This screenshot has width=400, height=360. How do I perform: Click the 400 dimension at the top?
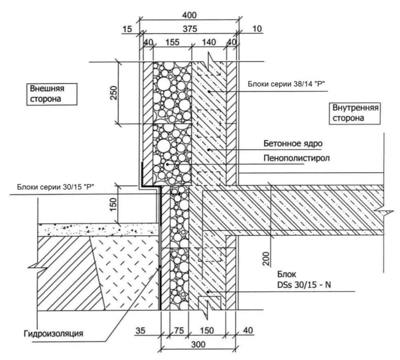pyautogui.click(x=189, y=15)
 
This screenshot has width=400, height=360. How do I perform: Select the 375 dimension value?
pyautogui.click(x=190, y=29)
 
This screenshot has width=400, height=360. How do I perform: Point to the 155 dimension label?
pyautogui.click(x=172, y=42)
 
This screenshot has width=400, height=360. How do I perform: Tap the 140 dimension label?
pyautogui.click(x=209, y=42)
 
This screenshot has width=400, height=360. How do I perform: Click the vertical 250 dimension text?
pyautogui.click(x=114, y=93)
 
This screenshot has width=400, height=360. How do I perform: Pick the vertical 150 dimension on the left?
pyautogui.click(x=114, y=204)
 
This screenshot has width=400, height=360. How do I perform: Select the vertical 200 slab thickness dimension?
pyautogui.click(x=266, y=258)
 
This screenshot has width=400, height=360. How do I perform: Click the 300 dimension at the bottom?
pyautogui.click(x=198, y=345)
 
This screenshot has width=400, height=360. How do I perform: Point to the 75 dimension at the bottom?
pyautogui.click(x=179, y=331)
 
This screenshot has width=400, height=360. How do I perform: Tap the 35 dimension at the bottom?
pyautogui.click(x=140, y=331)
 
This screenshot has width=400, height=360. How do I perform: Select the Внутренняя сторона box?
pyautogui.click(x=355, y=113)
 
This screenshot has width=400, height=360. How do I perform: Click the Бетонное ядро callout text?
pyautogui.click(x=293, y=143)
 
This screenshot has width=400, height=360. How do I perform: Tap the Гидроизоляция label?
pyautogui.click(x=53, y=333)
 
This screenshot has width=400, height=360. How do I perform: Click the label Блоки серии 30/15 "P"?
pyautogui.click(x=56, y=187)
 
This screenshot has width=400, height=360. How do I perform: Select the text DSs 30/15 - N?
pyautogui.click(x=304, y=284)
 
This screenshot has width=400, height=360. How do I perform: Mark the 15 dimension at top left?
pyautogui.click(x=127, y=29)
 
